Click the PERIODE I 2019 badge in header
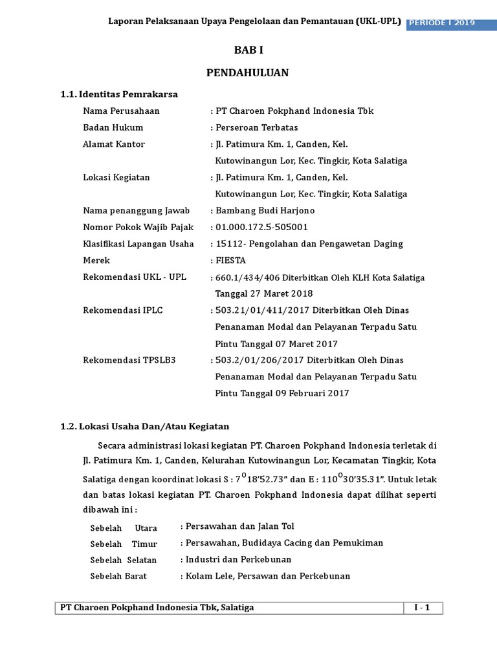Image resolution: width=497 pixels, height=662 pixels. (x=447, y=23)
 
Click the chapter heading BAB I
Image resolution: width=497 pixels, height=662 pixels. (x=248, y=50)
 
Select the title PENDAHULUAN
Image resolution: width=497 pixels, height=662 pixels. (x=248, y=73)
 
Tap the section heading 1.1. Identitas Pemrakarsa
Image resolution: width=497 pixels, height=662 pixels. (x=118, y=94)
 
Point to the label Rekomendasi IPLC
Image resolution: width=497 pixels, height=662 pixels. (x=122, y=310)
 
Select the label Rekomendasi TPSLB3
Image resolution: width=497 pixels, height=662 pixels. (x=129, y=360)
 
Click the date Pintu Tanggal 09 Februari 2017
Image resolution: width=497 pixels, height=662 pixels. (x=282, y=393)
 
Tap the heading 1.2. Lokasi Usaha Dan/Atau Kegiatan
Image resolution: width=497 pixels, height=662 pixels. (x=144, y=427)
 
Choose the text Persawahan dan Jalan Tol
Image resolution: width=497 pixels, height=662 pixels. (x=239, y=526)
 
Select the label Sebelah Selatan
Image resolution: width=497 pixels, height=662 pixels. (x=123, y=560)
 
